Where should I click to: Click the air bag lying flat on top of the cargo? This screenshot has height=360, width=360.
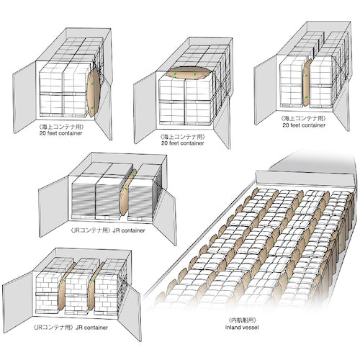click(189, 72)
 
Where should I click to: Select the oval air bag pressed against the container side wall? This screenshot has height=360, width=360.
click(93, 92)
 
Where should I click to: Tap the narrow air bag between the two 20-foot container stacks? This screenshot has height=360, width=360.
click(307, 83)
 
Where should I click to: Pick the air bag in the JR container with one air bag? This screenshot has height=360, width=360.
click(127, 193)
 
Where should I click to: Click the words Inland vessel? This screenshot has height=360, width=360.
click(242, 327)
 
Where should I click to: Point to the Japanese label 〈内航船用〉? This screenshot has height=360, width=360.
click(242, 320)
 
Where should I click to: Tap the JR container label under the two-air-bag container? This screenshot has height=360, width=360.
click(71, 328)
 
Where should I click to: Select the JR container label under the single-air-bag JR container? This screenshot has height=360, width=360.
click(108, 230)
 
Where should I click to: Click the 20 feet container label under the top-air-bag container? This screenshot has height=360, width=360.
click(182, 143)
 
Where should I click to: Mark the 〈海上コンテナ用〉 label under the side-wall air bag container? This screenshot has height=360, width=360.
click(61, 127)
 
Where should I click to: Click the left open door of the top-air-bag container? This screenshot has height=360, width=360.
click(145, 108)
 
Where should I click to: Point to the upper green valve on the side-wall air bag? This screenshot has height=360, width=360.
click(91, 84)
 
